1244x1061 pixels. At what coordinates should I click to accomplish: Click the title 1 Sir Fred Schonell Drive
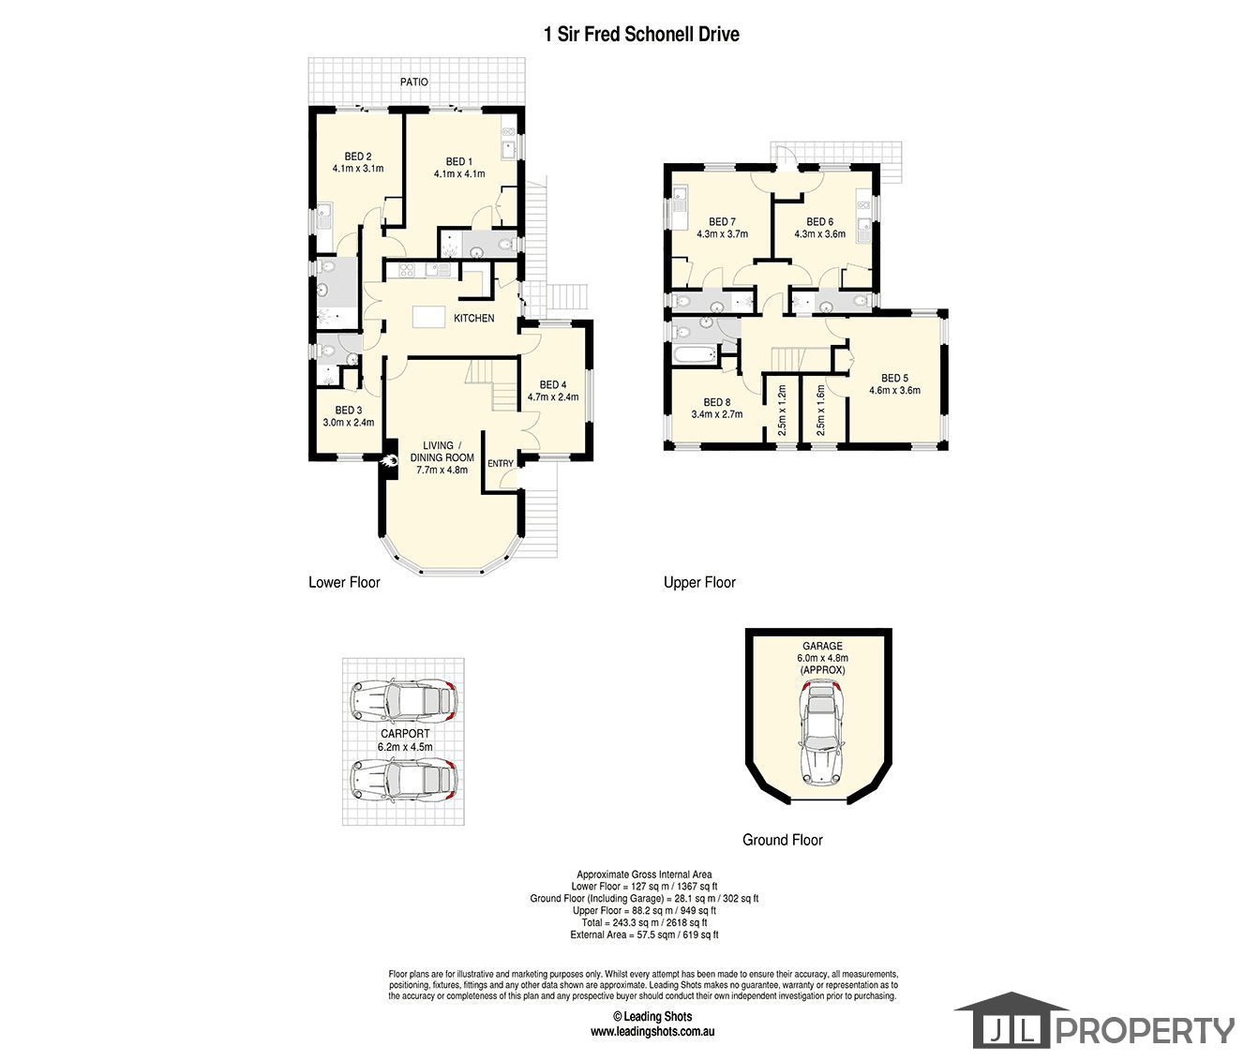[641, 35]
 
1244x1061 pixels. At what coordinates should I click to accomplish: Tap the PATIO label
[414, 82]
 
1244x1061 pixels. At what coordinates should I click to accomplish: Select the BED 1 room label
[459, 160]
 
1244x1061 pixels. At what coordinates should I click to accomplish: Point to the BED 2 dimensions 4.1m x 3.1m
[358, 169]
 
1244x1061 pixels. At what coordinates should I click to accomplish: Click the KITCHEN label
[473, 319]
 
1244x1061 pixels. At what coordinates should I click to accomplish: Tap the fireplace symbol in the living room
[389, 460]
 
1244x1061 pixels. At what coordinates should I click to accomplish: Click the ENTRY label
[501, 464]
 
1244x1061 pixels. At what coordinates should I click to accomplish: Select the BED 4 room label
[553, 384]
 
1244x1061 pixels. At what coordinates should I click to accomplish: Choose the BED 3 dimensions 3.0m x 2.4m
[348, 423]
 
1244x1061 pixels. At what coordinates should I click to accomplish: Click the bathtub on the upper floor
[693, 355]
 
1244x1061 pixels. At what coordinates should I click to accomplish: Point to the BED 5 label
[894, 379]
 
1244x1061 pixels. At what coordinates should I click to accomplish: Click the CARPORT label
[405, 734]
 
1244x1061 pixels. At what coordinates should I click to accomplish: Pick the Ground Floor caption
[782, 840]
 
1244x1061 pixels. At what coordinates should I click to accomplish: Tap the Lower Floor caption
[344, 582]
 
